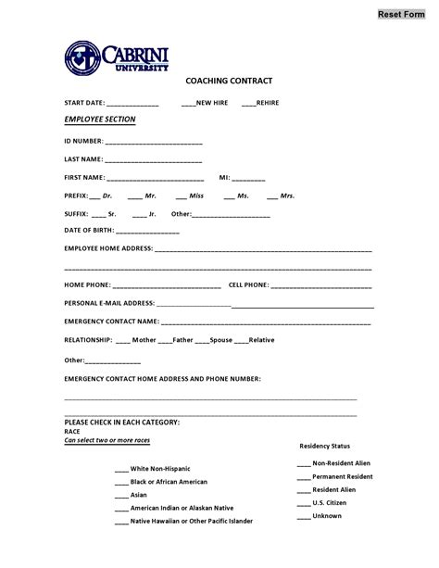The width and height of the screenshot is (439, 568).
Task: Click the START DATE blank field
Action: pyautogui.click(x=132, y=104)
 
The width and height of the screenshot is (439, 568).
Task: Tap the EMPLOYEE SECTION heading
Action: pyautogui.click(x=99, y=120)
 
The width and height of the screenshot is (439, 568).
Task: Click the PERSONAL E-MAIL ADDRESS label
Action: pyautogui.click(x=108, y=303)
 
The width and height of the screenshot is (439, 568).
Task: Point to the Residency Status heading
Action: pyautogui.click(x=324, y=446)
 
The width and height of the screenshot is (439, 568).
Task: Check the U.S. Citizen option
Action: pyautogui.click(x=304, y=502)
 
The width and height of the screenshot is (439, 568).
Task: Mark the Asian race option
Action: pyautogui.click(x=121, y=495)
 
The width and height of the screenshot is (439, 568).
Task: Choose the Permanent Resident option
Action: pyautogui.click(x=304, y=476)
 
